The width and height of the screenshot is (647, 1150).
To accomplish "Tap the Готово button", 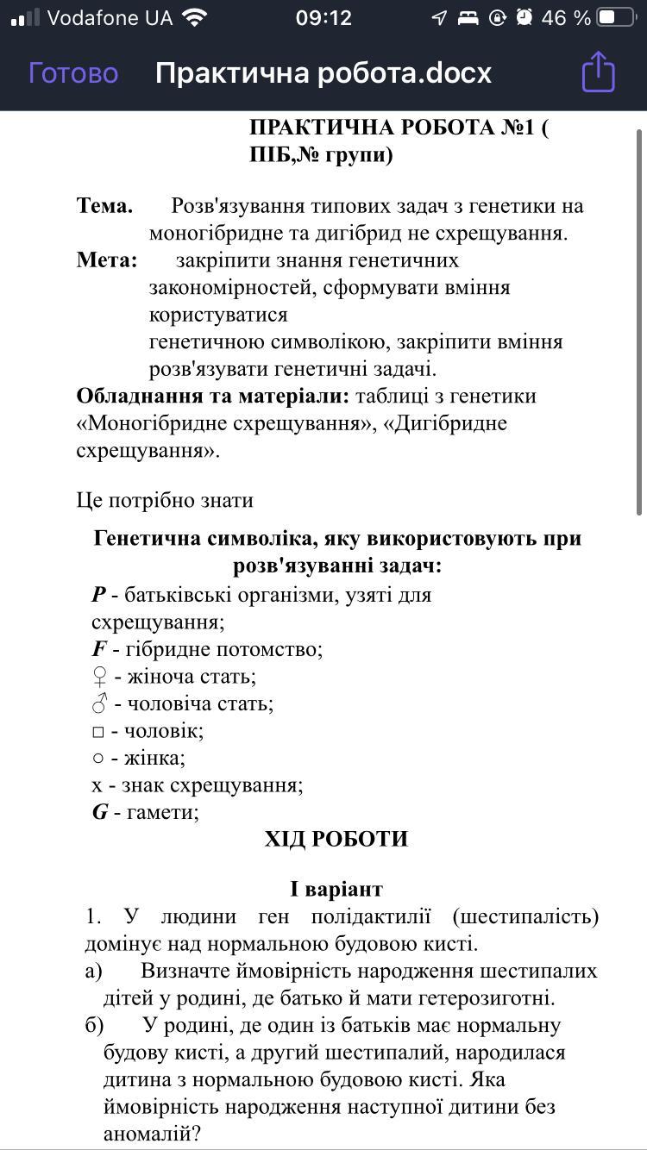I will (73, 73).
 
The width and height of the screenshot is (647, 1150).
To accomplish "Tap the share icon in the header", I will (598, 72).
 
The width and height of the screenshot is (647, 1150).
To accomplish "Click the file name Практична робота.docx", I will (323, 73).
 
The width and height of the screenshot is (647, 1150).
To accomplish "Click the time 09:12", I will (323, 18).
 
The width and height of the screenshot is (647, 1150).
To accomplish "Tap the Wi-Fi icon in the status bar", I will (195, 18).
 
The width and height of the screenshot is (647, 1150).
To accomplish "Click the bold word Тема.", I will (105, 206).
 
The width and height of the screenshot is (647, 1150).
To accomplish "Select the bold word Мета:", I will (107, 260).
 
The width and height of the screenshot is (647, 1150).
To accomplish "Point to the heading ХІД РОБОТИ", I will (336, 840).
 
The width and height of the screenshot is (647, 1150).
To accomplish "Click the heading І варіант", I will (336, 889).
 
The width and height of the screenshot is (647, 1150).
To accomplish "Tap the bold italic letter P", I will (99, 595).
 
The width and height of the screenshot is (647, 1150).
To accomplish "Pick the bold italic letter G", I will (100, 812).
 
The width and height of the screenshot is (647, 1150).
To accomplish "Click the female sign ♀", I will (99, 677).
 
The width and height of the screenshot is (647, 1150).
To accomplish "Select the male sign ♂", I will (99, 703).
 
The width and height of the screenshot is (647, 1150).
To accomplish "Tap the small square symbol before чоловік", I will (98, 733).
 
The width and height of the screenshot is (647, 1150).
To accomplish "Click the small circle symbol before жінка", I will (98, 759).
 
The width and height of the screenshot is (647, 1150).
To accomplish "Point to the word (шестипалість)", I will (525, 916).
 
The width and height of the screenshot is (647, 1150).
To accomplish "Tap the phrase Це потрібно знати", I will (165, 501).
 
